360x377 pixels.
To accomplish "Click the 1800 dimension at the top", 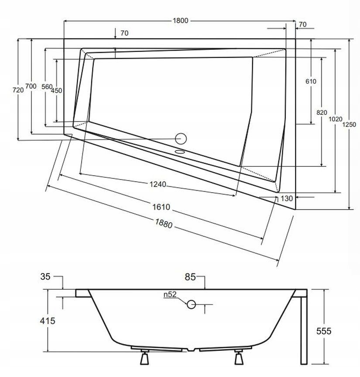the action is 180,21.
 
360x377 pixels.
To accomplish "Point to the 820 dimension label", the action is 322,112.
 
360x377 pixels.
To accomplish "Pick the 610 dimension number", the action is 311,81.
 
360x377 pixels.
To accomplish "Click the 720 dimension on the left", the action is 18,90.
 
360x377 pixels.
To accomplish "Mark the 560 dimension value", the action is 46,86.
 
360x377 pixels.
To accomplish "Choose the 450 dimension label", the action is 56,91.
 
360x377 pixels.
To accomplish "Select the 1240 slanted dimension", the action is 158,184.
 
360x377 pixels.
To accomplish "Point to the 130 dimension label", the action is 286,198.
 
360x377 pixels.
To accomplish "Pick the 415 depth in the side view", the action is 48,321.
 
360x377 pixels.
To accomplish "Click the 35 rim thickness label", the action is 46,276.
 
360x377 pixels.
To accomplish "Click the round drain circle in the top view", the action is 180,138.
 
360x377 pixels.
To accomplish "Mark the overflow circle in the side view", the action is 191,304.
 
